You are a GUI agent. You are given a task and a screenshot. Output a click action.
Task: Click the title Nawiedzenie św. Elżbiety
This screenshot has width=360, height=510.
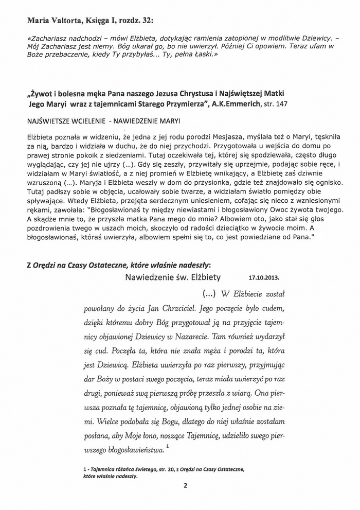point(173,277)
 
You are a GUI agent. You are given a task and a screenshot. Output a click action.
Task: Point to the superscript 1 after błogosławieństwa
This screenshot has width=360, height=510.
point(168,449)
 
